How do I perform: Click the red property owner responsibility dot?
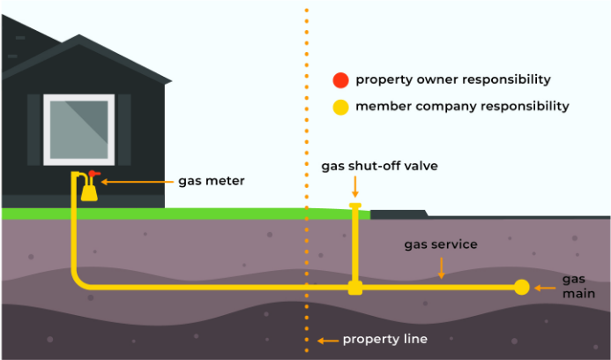[340, 80]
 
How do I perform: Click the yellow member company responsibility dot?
[340, 108]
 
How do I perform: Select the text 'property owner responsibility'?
[453, 80]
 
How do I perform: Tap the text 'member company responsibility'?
[462, 107]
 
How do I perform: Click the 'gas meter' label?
[211, 181]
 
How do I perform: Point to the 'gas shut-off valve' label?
[379, 166]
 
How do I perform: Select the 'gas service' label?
[440, 244]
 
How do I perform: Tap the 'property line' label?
[384, 339]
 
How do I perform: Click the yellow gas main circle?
[522, 287]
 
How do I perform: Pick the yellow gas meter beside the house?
[89, 191]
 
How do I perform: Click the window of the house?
[79, 128]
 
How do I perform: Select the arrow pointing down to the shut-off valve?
[355, 186]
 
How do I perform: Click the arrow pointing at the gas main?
[545, 287]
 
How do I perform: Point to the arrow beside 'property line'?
[327, 340]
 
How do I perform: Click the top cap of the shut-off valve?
[355, 206]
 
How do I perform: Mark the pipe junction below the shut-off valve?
[355, 287]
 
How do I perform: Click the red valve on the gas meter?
[93, 174]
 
